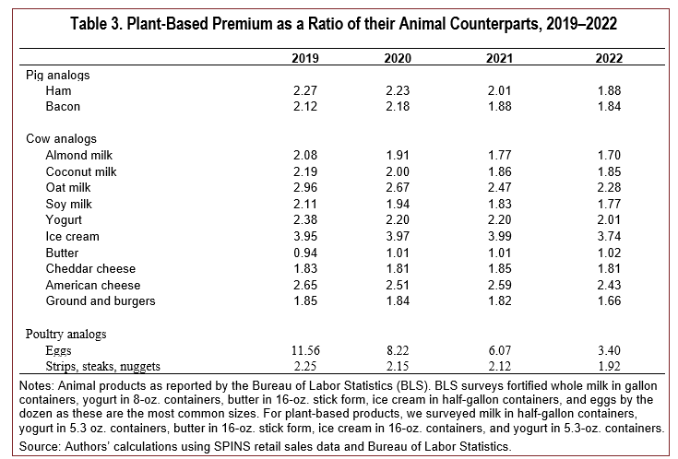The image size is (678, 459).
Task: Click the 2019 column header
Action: coord(304,58)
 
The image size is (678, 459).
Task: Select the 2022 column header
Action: coord(609,58)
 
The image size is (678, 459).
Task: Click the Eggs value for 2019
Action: coord(305,350)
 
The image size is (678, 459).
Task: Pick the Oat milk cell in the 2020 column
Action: coord(398,188)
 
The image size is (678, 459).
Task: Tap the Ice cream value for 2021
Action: coord(499,237)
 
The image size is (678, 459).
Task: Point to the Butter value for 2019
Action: coord(305,253)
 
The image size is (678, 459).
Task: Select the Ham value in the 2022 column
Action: coord(609,90)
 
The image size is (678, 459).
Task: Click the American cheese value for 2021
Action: coord(499,285)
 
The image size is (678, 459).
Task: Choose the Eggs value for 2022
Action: coord(609,350)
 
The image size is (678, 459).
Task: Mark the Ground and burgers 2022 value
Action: coord(609,300)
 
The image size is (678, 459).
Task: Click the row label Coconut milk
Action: coord(81,171)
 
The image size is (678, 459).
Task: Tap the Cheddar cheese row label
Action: coord(90,269)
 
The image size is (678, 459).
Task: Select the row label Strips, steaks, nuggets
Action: coord(103,367)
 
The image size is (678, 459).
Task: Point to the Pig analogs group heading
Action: coord(58,76)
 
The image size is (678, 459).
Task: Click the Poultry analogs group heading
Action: coord(65,334)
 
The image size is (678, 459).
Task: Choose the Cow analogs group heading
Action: coord(62,139)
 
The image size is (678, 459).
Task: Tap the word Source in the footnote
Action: coord(39,446)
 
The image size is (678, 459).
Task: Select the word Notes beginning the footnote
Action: coord(36,385)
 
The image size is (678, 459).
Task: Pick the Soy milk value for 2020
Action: coord(398,204)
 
